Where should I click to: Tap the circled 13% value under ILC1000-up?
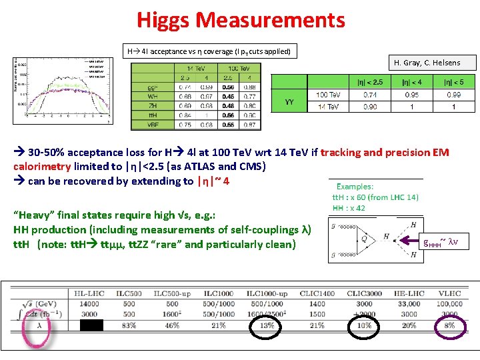tap(267, 325)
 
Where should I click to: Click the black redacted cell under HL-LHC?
tap(91, 325)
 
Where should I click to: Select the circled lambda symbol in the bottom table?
tap(40, 325)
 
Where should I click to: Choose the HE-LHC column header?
tap(409, 293)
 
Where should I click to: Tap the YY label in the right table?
tap(289, 101)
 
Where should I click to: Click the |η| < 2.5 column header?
tap(370, 83)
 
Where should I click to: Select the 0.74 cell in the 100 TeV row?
tap(371, 95)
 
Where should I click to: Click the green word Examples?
tap(355, 187)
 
